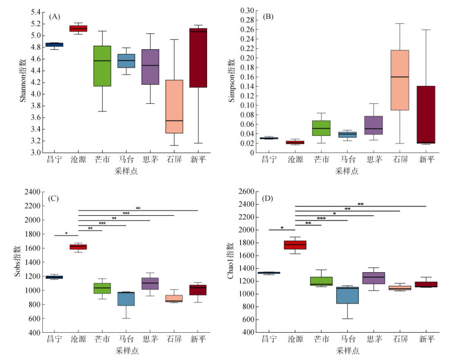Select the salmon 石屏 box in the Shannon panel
point(174,107)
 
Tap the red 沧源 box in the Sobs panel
point(78,247)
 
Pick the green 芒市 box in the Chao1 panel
point(321,281)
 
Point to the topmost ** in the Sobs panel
point(138,208)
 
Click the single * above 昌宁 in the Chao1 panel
point(282,228)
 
